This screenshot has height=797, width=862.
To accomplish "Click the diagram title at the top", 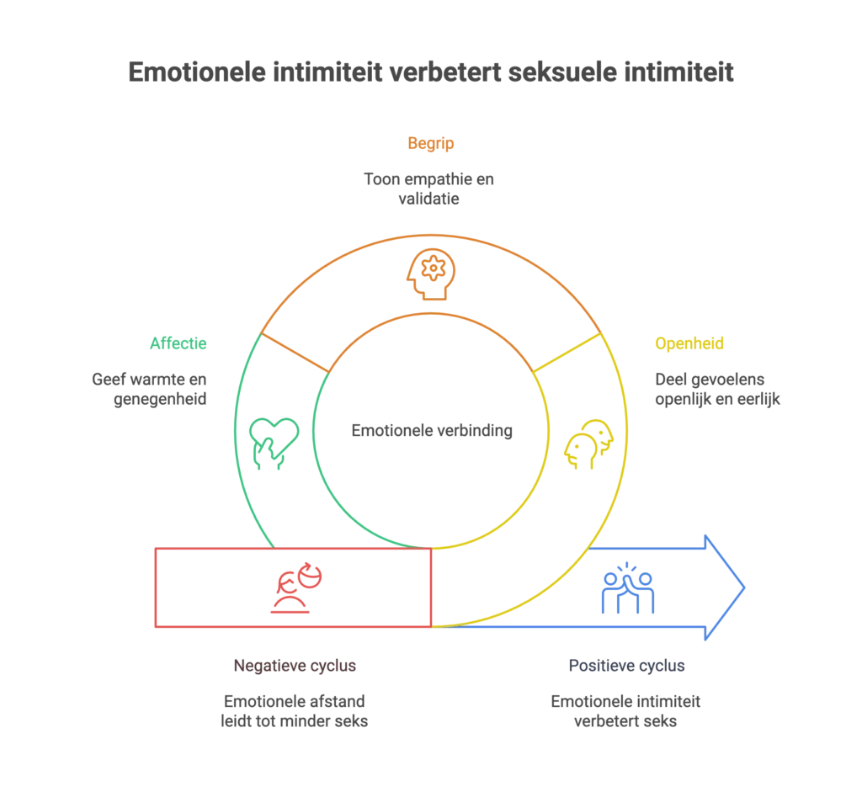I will tap(430, 75).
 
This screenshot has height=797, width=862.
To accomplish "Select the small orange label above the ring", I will tap(430, 144).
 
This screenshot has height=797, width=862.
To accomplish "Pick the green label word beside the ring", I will tap(178, 343).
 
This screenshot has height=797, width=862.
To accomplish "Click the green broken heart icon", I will tap(274, 443).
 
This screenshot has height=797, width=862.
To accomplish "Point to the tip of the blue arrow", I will tap(744, 587).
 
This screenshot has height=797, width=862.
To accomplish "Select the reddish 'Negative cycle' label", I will tap(293, 666).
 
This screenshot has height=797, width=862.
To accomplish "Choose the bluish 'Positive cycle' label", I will tap(625, 666).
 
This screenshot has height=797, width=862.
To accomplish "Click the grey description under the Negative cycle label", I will tap(293, 712).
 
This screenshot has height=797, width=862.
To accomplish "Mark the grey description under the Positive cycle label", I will tap(625, 712).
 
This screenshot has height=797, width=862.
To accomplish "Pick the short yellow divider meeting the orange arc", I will tap(569, 353).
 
